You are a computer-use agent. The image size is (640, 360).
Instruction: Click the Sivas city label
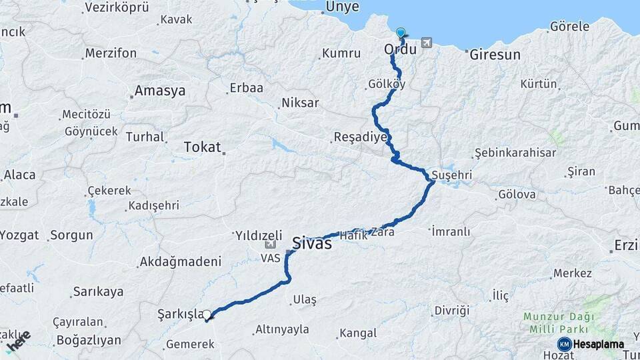click(312, 243)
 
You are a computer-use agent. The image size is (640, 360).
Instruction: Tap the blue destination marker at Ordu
click(401, 33)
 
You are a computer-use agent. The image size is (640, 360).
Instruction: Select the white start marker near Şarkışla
click(207, 315)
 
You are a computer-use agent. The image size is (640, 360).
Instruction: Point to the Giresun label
click(495, 55)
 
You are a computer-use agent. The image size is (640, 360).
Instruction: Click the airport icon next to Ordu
click(426, 43)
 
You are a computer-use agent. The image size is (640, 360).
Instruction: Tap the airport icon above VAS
click(269, 245)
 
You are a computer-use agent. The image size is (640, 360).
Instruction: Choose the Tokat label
click(202, 147)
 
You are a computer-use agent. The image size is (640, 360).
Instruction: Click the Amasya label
click(160, 91)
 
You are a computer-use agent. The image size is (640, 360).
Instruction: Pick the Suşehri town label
click(452, 174)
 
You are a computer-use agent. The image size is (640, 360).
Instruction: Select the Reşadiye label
click(360, 137)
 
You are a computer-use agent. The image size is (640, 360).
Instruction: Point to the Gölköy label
click(386, 85)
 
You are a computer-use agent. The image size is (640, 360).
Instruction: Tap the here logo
click(18, 341)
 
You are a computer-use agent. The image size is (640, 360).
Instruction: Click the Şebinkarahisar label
click(515, 153)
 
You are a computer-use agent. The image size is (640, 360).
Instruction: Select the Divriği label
click(451, 311)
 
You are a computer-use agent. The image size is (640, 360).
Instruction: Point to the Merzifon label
click(111, 53)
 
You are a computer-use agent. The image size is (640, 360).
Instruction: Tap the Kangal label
click(358, 333)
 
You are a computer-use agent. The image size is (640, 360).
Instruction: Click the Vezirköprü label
click(117, 7)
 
